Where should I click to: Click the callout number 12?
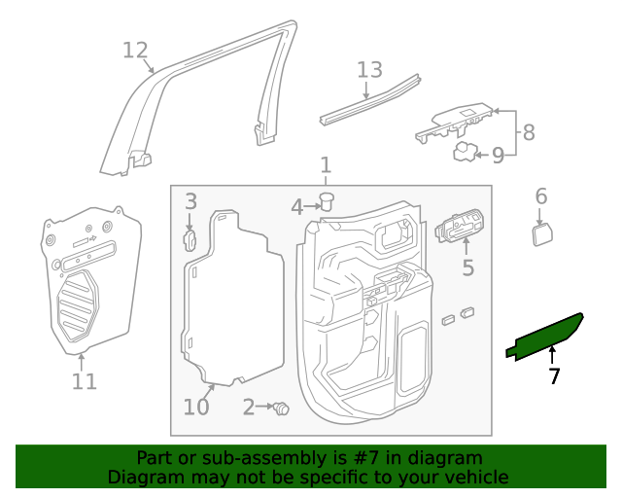pos(135,50)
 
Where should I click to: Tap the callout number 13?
pos(369,70)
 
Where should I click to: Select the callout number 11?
pos(85,380)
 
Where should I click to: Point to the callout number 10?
pos(196,406)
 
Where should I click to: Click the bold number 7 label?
pos(554,376)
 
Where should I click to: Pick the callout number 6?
pos(541,197)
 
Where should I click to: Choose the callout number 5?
pos(467,267)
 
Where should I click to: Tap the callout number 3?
pos(191,201)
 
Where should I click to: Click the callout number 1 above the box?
pos(326,164)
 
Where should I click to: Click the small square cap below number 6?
pos(541,234)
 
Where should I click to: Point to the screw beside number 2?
pos(282,409)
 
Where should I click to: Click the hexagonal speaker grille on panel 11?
pos(79,304)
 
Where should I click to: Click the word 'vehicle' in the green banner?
pos(476,478)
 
